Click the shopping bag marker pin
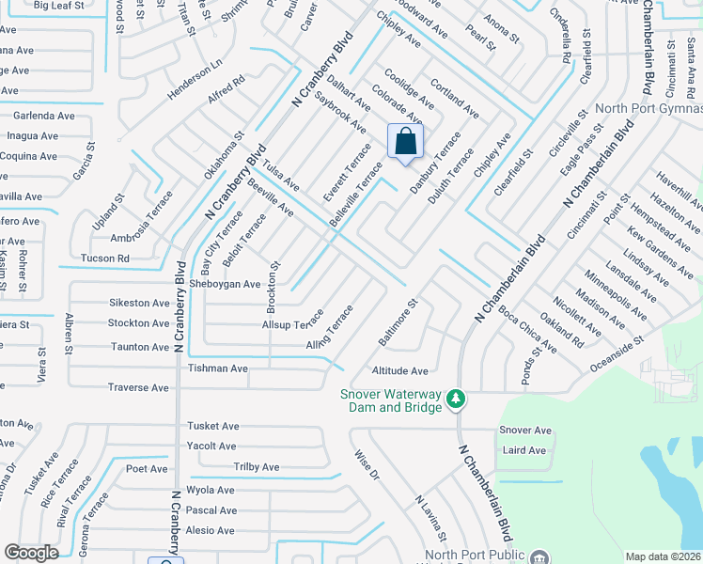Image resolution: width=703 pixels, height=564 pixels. [405, 143]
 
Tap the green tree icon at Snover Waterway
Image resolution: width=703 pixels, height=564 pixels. [456, 399]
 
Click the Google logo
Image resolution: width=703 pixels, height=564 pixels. [31, 552]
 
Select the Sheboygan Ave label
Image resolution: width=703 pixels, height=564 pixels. [225, 284]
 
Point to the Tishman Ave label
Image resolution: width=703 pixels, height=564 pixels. [218, 368]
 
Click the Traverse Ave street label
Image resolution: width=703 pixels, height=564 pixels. [138, 387]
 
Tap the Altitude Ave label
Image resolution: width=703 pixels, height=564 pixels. [399, 371]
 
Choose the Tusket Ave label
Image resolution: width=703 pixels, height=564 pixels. [212, 426]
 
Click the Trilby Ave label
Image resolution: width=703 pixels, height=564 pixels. [257, 467]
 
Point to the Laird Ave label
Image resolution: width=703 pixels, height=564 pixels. [524, 450]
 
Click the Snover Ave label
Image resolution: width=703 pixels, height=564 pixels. [525, 430]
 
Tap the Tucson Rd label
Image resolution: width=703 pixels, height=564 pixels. [106, 258]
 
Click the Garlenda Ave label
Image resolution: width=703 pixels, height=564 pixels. [43, 116]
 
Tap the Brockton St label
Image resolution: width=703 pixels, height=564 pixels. [273, 288]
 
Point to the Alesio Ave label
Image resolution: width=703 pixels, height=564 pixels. [211, 530]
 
